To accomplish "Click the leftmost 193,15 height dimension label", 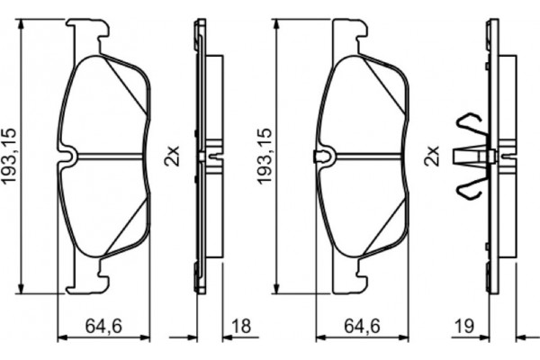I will coord(12,157).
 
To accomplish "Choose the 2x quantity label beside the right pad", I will coord(433,157).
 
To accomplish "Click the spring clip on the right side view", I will coord(471,158).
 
